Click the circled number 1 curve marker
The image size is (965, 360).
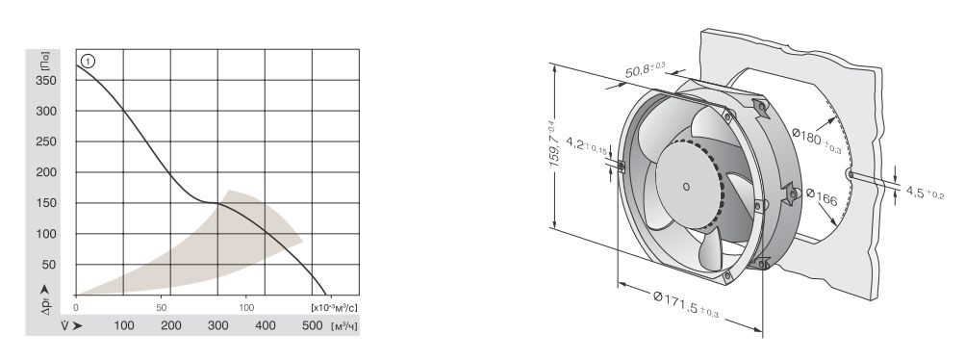(88, 61)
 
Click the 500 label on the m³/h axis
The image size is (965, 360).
(313, 325)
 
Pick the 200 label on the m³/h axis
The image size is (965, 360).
(171, 325)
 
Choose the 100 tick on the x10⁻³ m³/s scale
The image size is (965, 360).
(246, 306)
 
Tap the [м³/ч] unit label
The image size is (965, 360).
(343, 326)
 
